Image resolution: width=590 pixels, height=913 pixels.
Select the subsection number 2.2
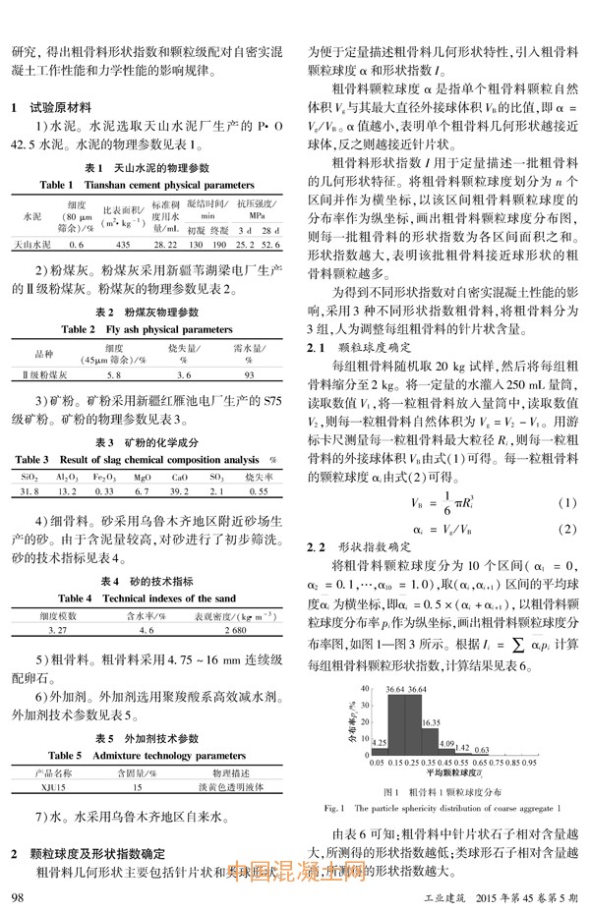tap(316, 545)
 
